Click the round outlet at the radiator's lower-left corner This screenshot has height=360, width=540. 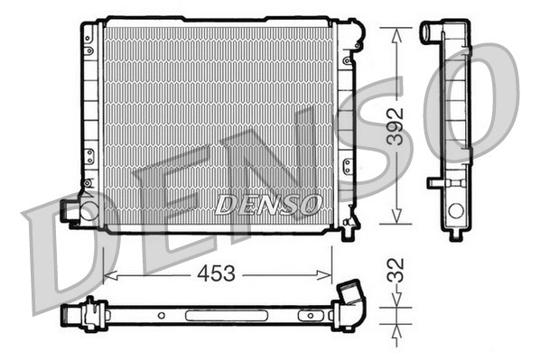[88, 211]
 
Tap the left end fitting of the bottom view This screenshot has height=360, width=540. [72, 317]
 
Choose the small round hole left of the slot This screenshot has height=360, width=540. [160, 316]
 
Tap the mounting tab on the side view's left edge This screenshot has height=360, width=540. [437, 183]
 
